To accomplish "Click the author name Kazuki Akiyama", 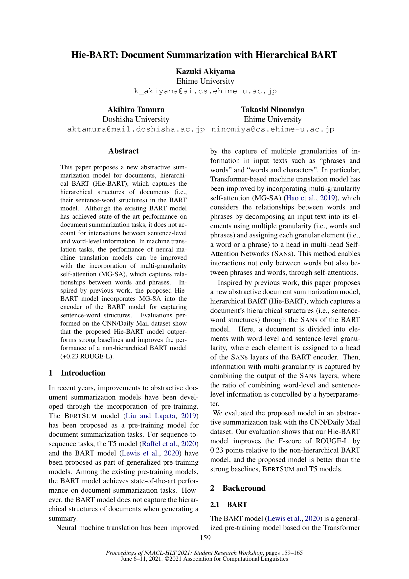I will click(205, 71).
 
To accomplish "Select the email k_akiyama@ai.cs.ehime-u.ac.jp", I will click(205, 91).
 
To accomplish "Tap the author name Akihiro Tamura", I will click(136, 109).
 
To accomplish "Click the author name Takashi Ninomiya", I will click(273, 109).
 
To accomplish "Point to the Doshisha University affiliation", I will click(136, 119).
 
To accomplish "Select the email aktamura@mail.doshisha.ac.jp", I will click(136, 129).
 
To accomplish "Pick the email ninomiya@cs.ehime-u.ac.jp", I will click(273, 129).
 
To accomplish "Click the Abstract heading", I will click(123, 151).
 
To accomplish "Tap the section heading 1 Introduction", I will click(77, 373).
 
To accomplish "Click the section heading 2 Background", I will click(238, 488).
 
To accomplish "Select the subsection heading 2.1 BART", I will click(229, 504).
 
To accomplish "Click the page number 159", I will click(205, 538).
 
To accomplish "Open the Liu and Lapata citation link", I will click(150, 416).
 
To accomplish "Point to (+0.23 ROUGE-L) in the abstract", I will click(87, 356).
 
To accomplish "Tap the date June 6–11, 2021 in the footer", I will click(141, 559).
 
